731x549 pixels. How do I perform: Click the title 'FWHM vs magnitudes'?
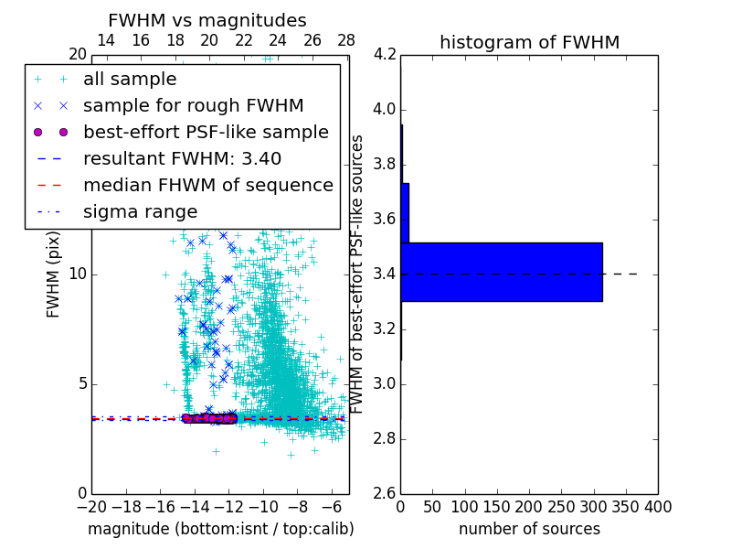point(207,21)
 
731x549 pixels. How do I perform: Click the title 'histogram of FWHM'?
point(529,42)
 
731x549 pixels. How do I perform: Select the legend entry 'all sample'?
point(129,80)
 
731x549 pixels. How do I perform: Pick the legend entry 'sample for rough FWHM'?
point(193,105)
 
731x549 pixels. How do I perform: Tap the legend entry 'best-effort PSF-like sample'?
point(206,132)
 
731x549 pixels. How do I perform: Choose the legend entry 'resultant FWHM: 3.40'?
point(182,158)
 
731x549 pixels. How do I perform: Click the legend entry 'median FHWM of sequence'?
point(207,185)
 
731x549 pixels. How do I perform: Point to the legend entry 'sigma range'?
point(140,211)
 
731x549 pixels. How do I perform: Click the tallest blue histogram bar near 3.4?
point(501,272)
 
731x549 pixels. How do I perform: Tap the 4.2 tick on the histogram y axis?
point(386,55)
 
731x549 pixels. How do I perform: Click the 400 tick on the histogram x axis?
point(658,507)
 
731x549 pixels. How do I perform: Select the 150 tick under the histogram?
point(497,507)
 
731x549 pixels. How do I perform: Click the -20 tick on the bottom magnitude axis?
point(91,507)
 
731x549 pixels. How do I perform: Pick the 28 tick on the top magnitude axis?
point(345,41)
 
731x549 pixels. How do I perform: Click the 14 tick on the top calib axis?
point(106,41)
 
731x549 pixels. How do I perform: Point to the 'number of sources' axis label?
point(529,529)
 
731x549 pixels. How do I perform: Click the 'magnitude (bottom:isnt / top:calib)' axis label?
point(220,529)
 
